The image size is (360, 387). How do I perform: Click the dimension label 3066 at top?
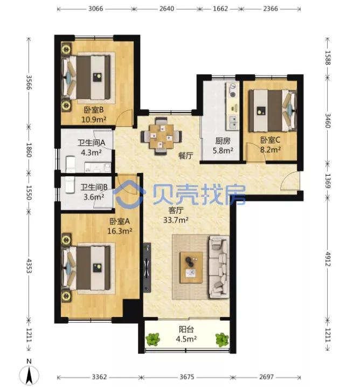click(x=95, y=9)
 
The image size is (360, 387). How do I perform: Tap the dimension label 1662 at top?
click(x=220, y=9)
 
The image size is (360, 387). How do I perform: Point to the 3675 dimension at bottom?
click(x=187, y=377)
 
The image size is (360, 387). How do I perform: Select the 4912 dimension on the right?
click(x=328, y=259)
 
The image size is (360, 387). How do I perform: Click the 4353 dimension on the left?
click(x=29, y=266)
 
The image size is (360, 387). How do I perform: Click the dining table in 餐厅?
click(x=161, y=136)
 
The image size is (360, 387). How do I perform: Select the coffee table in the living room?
click(x=191, y=267)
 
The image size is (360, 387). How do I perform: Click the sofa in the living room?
click(x=219, y=267)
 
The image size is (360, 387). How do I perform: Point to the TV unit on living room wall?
click(x=147, y=267)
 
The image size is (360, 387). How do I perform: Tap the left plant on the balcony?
click(x=153, y=340)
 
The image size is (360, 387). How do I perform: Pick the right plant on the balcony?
click(x=222, y=340)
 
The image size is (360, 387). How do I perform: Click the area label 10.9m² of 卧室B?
click(x=94, y=120)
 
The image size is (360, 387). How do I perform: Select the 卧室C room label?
click(x=270, y=140)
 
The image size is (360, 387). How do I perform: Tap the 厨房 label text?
click(x=223, y=141)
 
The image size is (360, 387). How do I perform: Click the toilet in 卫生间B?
click(x=70, y=185)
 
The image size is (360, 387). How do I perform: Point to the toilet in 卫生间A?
click(x=71, y=164)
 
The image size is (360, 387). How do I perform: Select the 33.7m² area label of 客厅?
click(x=176, y=220)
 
